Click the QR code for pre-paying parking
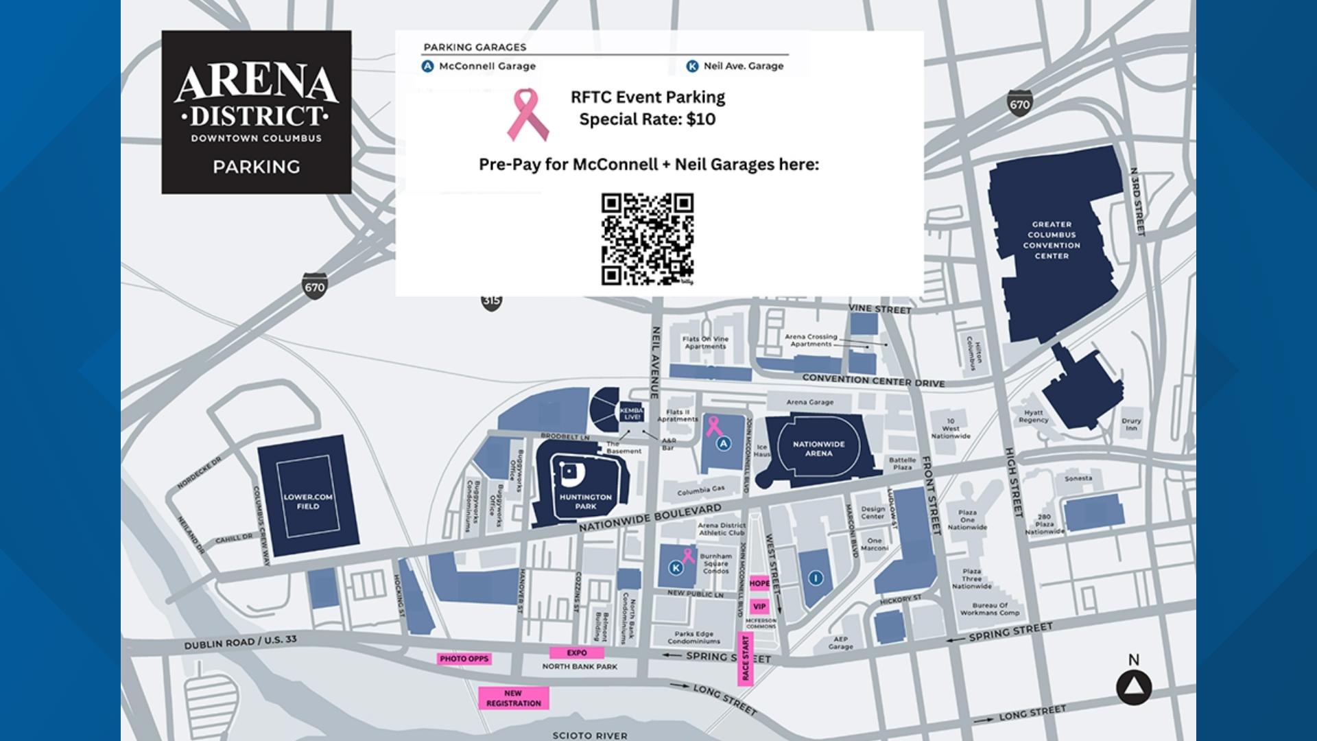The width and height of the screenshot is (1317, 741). pyautogui.click(x=648, y=239)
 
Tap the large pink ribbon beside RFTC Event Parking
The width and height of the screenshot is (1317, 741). pyautogui.click(x=527, y=114)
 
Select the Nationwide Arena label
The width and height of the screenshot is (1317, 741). pyautogui.click(x=818, y=449)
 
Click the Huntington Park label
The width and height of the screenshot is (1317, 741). pyautogui.click(x=585, y=502)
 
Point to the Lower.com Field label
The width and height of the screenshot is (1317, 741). pyautogui.click(x=308, y=502)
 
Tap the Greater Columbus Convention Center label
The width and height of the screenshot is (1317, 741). pyautogui.click(x=1052, y=240)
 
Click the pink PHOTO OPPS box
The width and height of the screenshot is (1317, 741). pyautogui.click(x=464, y=659)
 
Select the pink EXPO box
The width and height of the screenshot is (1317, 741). pyautogui.click(x=577, y=652)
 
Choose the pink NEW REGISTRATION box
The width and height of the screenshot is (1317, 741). pyautogui.click(x=513, y=698)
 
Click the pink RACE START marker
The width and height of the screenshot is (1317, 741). pyautogui.click(x=746, y=659)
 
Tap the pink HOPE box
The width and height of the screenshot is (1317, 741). pyautogui.click(x=759, y=583)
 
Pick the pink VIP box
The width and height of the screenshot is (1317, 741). pyautogui.click(x=759, y=607)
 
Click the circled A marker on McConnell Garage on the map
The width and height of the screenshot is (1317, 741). pyautogui.click(x=723, y=444)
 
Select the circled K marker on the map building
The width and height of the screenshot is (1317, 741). pyautogui.click(x=676, y=568)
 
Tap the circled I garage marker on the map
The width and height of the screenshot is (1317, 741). pyautogui.click(x=816, y=578)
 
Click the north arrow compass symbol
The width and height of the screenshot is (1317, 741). pyautogui.click(x=1134, y=687)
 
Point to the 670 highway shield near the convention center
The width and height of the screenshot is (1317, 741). pyautogui.click(x=1019, y=104)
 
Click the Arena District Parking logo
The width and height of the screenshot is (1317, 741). pyautogui.click(x=257, y=112)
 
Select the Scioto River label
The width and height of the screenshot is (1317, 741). pyautogui.click(x=589, y=735)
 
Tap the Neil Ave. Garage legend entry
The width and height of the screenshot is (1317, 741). pyautogui.click(x=735, y=66)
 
